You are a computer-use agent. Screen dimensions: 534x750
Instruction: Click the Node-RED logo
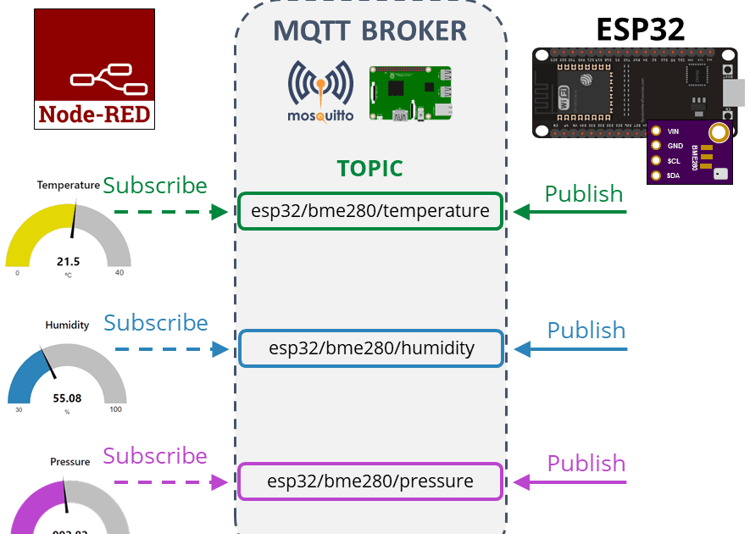pos(94,69)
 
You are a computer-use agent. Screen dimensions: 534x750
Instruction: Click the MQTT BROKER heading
pos(370,31)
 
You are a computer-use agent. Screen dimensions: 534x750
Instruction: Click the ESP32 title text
pos(640,29)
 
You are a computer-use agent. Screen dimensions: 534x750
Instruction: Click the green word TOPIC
pos(369,169)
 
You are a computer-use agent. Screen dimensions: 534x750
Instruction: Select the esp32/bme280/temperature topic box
pos(370,211)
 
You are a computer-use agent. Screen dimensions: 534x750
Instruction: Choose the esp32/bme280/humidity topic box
pos(371,348)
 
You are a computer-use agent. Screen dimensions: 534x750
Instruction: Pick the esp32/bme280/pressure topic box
pos(370,481)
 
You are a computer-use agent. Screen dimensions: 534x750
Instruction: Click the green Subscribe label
pos(155,186)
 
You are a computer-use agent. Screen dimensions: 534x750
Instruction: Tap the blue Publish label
pos(586,331)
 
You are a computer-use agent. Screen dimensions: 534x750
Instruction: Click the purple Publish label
pos(586,464)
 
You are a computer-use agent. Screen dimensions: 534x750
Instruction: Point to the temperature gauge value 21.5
pos(69,262)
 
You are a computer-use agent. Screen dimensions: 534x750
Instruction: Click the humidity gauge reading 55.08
pos(68,398)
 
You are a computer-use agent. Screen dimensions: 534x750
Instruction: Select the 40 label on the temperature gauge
pos(119,273)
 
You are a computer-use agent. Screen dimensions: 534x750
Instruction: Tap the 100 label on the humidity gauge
pos(115,409)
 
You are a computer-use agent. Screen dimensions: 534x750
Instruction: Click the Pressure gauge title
pos(70,462)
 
